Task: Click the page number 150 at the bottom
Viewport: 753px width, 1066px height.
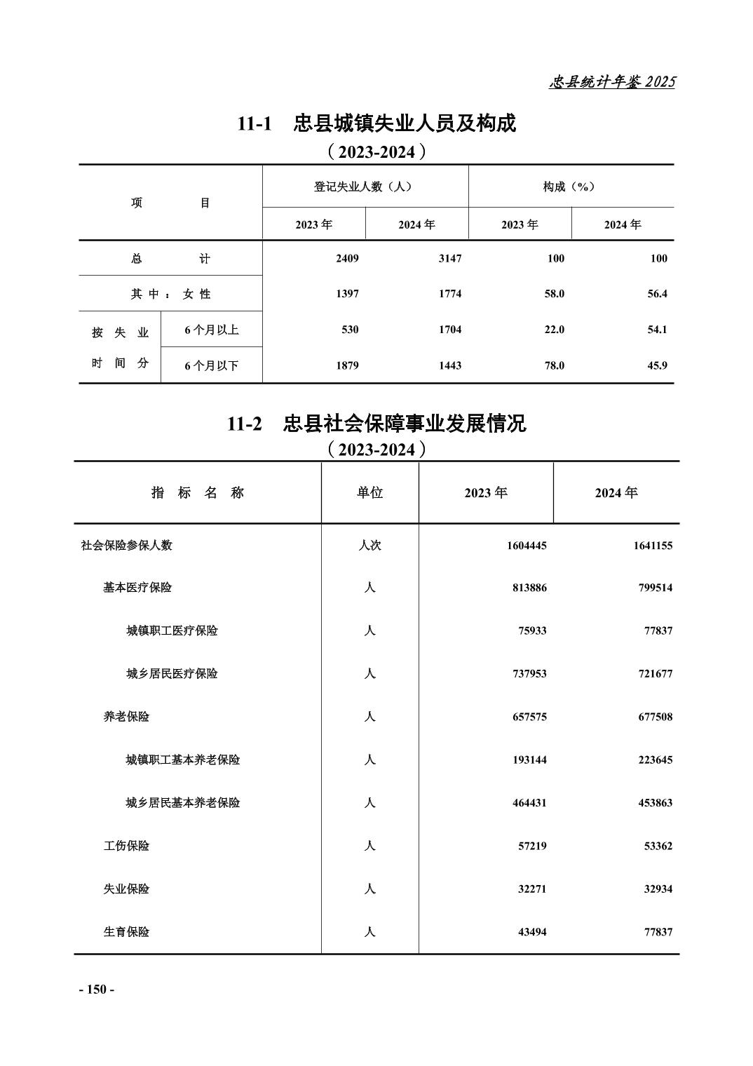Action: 96,990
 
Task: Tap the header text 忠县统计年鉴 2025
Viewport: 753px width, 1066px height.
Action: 611,82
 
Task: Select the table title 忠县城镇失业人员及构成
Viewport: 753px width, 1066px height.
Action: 405,124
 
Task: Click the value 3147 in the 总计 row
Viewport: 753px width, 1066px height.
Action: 449,259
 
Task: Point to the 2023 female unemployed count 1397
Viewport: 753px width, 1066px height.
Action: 347,294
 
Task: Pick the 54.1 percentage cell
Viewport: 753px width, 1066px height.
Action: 657,330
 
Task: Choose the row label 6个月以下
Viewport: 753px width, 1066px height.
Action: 211,365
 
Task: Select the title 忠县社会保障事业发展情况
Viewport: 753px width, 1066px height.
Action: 405,424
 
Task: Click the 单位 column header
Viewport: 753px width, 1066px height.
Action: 369,493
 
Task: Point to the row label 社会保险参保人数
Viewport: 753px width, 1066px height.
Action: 127,546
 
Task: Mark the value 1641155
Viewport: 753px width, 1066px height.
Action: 653,546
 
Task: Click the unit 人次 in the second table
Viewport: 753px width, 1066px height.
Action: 369,546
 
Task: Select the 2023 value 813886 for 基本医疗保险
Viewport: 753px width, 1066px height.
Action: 529,588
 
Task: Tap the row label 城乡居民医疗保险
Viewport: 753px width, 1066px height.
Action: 172,674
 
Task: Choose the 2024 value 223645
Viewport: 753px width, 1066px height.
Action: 655,760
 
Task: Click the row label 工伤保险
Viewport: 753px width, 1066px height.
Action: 127,846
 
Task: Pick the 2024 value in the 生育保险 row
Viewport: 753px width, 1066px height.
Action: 658,933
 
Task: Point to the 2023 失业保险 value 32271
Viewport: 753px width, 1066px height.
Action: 532,889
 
